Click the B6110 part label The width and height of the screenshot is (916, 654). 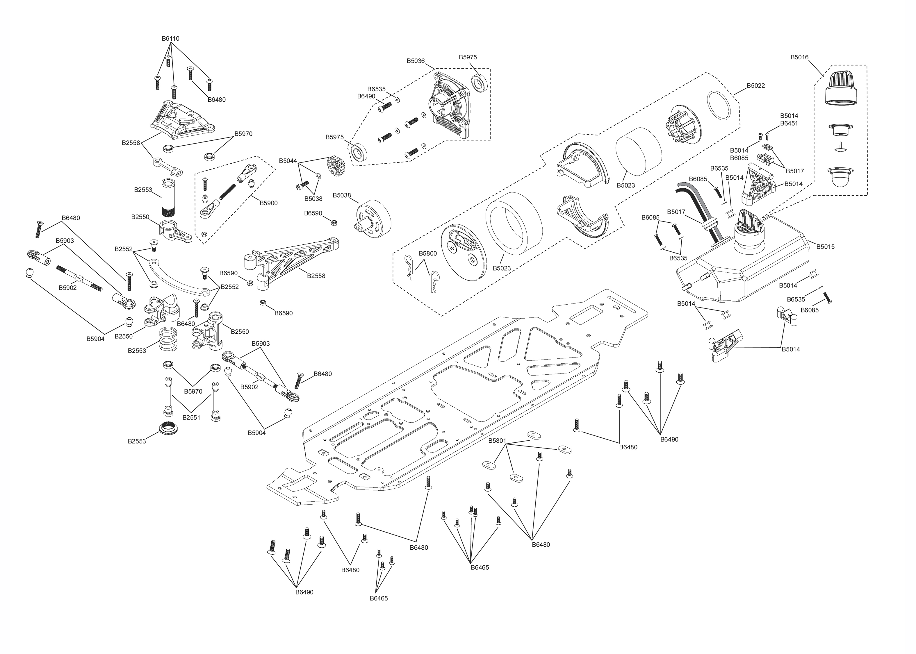pyautogui.click(x=170, y=39)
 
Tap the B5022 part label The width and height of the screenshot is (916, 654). pyautogui.click(x=756, y=86)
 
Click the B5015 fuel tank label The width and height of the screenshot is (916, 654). pyautogui.click(x=825, y=246)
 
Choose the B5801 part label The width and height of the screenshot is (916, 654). pyautogui.click(x=497, y=441)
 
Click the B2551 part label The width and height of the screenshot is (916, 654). pyautogui.click(x=191, y=418)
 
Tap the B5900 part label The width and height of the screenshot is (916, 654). pyautogui.click(x=268, y=203)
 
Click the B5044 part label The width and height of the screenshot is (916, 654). pyautogui.click(x=288, y=161)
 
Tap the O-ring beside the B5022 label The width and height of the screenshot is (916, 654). pyautogui.click(x=719, y=105)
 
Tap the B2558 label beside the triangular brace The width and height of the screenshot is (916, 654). pyautogui.click(x=316, y=276)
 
